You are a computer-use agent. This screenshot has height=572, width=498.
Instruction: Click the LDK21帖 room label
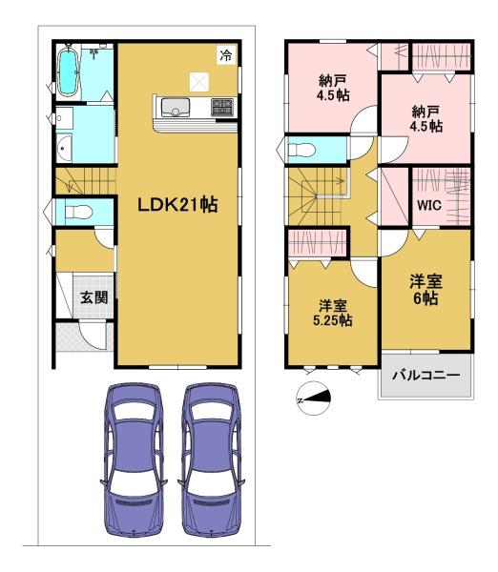tap(177, 205)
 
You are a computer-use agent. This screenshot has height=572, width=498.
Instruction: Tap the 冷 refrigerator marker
tap(226, 55)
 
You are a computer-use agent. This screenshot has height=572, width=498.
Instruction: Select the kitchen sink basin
tap(176, 107)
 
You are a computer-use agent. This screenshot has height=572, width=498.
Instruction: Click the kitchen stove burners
tap(222, 107)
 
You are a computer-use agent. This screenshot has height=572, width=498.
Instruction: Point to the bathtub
tap(69, 71)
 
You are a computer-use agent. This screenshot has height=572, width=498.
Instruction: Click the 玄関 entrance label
tap(93, 296)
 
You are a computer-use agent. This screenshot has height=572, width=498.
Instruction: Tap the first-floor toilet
tap(78, 212)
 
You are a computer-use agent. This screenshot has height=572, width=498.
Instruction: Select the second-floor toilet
tap(301, 150)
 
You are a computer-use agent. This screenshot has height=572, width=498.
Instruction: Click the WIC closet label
tap(429, 205)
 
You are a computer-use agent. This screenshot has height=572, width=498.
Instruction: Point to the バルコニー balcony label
tap(426, 375)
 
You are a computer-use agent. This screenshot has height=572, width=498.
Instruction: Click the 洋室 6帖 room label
tap(425, 289)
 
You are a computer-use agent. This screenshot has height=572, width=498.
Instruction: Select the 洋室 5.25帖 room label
tap(333, 313)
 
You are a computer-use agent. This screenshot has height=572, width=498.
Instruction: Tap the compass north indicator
tap(314, 398)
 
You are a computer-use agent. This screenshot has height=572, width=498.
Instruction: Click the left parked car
tap(134, 460)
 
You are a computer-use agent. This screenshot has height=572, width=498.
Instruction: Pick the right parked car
tap(211, 460)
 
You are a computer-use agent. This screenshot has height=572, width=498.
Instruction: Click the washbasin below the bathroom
tap(65, 148)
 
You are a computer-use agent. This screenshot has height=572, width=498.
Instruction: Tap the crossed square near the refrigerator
tap(199, 82)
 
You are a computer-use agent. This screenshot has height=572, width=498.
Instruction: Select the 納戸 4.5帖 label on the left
tap(333, 88)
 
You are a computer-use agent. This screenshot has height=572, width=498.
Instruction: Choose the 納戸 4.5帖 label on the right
tap(426, 119)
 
